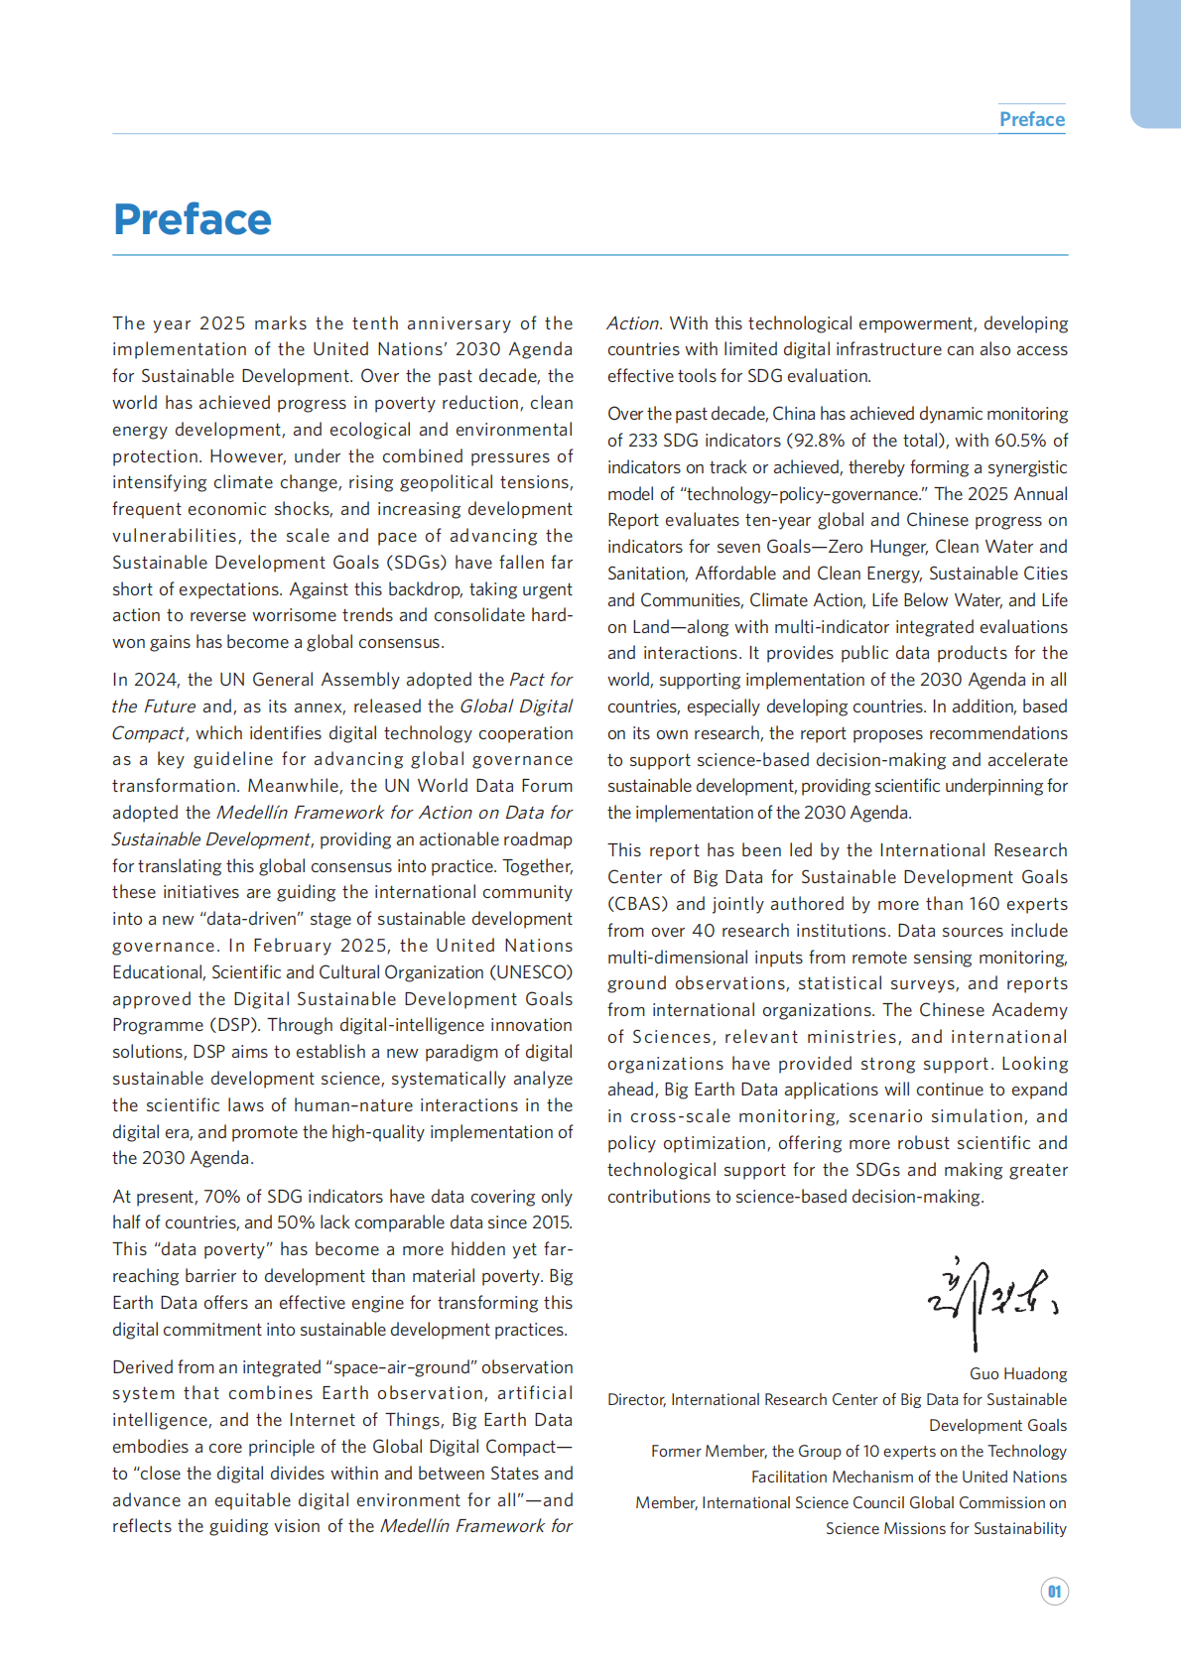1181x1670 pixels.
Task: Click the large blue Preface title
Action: coord(192,219)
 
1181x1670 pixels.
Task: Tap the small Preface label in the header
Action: coord(1031,119)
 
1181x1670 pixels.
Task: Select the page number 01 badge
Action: coord(1054,1592)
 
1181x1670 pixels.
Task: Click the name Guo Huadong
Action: coord(1018,1374)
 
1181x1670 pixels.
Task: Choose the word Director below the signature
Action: coord(635,1400)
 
